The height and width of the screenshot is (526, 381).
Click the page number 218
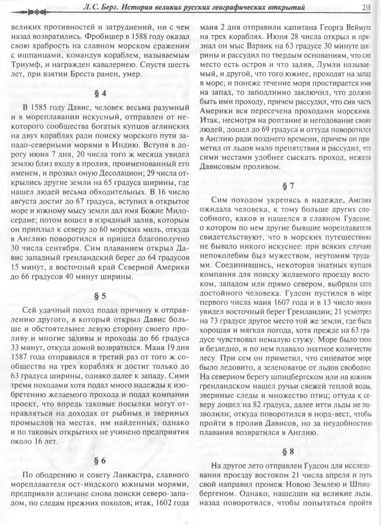pyautogui.click(x=366, y=7)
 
